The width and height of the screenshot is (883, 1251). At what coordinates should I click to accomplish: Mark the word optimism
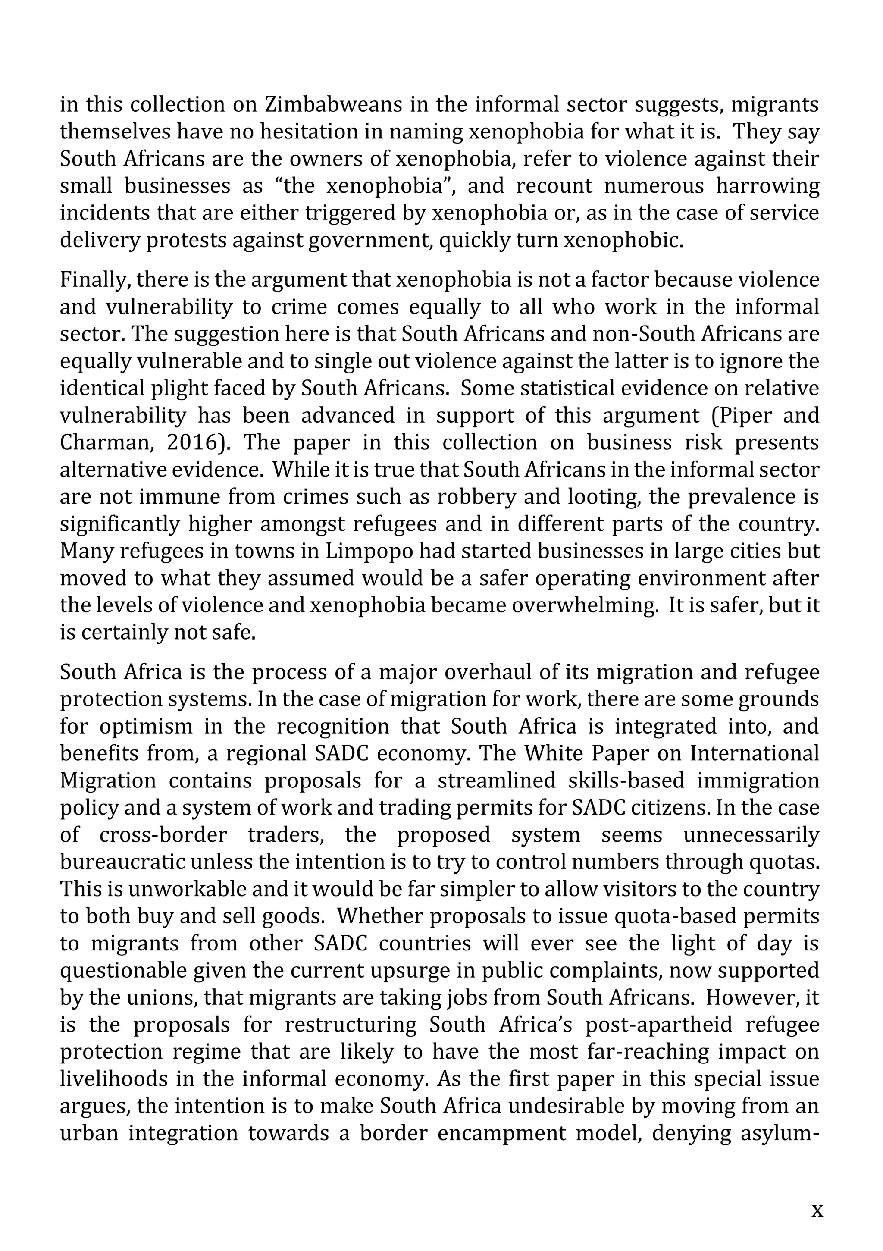pyautogui.click(x=146, y=726)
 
